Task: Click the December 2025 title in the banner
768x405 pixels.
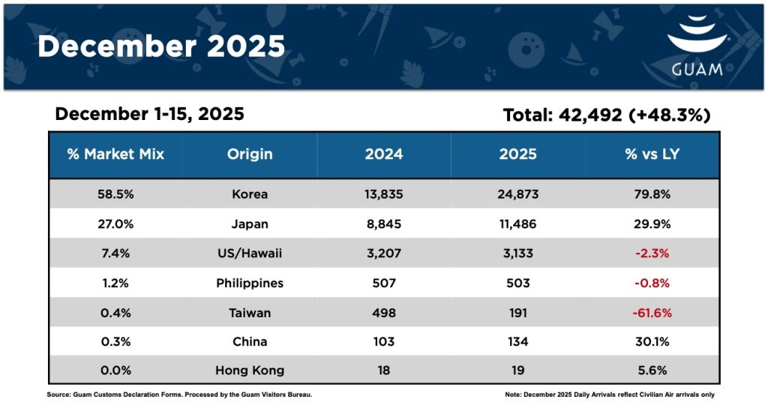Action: point(161,46)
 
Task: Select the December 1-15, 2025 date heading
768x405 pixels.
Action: point(150,114)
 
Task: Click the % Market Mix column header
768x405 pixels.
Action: point(115,154)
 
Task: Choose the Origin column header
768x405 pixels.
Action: point(250,154)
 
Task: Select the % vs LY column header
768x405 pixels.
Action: point(651,154)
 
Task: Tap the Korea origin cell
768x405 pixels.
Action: point(250,194)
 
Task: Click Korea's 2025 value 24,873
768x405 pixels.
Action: point(517,194)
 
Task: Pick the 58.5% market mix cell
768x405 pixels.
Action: point(115,194)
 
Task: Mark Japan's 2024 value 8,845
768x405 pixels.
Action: point(383,223)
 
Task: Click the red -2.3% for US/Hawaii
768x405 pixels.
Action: point(651,253)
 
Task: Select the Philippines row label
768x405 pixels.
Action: point(250,283)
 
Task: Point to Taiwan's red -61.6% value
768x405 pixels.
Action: point(651,312)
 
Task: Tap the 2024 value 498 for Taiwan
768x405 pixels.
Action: point(383,312)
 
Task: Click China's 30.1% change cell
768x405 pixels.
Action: point(651,341)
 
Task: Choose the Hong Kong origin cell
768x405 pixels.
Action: point(250,370)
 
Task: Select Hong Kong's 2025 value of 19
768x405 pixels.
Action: point(517,370)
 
